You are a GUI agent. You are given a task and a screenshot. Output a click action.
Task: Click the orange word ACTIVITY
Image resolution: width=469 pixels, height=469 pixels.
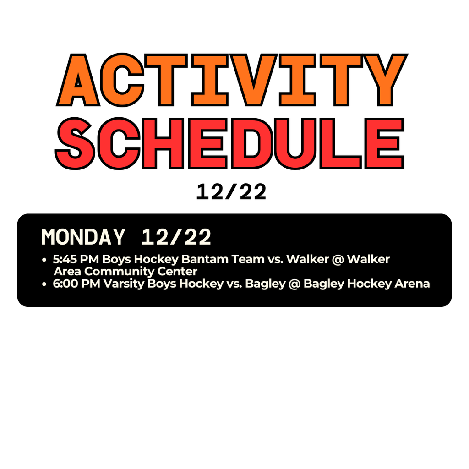pos(232,80)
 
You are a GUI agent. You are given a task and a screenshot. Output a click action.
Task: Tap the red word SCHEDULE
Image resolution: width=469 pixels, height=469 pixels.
pos(229,143)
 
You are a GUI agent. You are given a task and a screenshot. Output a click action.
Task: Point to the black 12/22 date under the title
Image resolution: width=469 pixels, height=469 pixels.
pos(231,193)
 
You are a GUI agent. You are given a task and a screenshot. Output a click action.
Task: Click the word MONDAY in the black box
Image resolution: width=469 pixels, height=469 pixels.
pos(83,237)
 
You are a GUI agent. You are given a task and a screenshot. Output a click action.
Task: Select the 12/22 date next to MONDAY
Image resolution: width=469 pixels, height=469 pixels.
pos(176,237)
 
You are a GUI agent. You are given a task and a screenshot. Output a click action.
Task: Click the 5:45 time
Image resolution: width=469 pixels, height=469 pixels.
pos(65,260)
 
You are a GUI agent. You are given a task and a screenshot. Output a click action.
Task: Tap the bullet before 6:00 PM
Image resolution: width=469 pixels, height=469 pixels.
pos(44,284)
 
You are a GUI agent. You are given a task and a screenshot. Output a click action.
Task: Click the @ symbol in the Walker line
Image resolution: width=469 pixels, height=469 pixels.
pos(338,260)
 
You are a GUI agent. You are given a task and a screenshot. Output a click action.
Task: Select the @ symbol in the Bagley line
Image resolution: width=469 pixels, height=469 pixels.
pos(294,284)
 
